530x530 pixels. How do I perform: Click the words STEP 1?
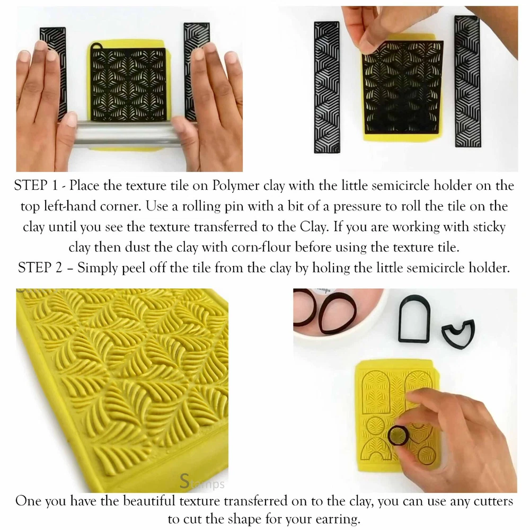(36, 185)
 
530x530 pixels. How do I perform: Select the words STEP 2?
(40, 268)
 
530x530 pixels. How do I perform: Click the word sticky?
(489, 227)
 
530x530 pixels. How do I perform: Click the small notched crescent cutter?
(458, 334)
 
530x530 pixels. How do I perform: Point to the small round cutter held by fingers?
(398, 435)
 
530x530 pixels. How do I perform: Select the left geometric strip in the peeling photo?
(326, 87)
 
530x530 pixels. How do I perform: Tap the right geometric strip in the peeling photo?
(467, 81)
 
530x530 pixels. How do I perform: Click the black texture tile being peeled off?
(403, 88)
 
